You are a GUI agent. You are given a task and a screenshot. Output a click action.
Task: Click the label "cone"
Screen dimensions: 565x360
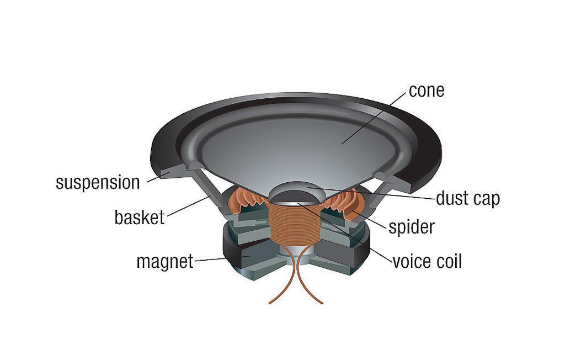click(426, 90)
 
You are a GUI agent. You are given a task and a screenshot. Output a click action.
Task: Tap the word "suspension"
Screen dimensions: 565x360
click(98, 182)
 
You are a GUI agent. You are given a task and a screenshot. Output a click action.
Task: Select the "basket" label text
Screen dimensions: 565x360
click(139, 217)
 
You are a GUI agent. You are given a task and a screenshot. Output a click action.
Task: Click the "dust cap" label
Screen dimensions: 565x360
click(467, 198)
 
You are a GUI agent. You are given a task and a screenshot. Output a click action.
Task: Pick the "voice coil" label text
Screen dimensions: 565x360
click(427, 261)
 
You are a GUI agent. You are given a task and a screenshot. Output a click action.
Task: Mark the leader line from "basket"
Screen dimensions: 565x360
click(188, 207)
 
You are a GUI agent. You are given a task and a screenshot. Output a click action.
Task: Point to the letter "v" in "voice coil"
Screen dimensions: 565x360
click(396, 261)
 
